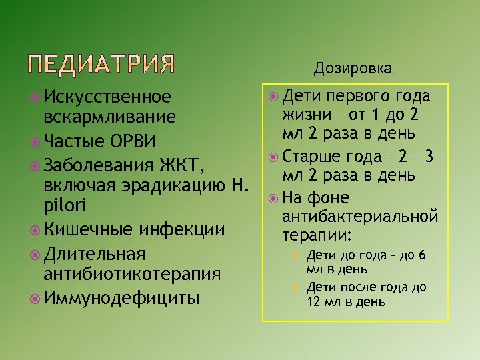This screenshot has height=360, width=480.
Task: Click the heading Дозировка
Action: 353,68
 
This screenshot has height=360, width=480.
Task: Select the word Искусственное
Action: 107,97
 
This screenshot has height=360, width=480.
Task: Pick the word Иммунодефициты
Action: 120,297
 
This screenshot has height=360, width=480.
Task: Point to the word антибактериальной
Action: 360,216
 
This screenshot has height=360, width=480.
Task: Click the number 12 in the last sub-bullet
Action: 314,301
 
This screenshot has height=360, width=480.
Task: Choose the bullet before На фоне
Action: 273,198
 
